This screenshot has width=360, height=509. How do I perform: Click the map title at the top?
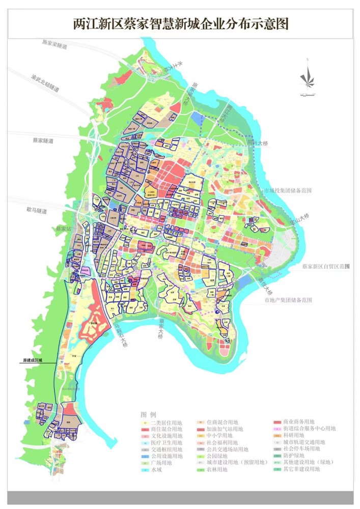pyautogui.click(x=181, y=23)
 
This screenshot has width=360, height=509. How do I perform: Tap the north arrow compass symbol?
pyautogui.click(x=307, y=77)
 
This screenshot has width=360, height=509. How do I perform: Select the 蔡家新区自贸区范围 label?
pyautogui.click(x=326, y=266)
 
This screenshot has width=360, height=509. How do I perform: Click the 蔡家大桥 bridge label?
pyautogui.click(x=161, y=328)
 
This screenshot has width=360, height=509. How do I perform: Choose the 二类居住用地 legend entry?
pyautogui.click(x=165, y=422)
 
